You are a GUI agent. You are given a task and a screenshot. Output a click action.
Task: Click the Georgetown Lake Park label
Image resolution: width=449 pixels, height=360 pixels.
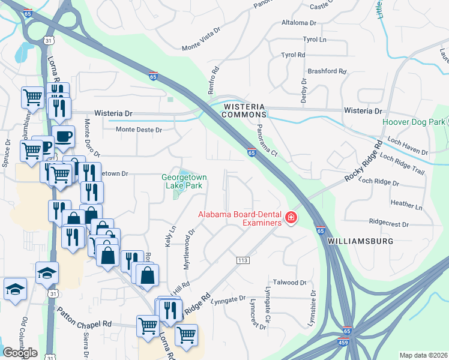pyautogui.click(x=181, y=181)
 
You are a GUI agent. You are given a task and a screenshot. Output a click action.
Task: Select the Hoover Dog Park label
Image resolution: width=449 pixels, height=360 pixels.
pyautogui.click(x=414, y=122)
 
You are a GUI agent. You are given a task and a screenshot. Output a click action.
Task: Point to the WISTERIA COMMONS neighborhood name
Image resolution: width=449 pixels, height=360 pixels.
pyautogui.click(x=244, y=110)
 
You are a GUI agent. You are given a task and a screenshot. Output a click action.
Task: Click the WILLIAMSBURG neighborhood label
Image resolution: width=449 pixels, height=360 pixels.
pyautogui.click(x=360, y=241)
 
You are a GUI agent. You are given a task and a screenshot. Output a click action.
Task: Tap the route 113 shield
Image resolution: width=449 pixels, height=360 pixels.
pyautogui.click(x=243, y=260)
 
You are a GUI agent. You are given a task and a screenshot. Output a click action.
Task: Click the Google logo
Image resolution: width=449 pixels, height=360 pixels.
pyautogui.click(x=20, y=353)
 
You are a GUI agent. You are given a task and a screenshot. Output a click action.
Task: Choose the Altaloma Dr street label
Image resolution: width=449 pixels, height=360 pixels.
pyautogui.click(x=298, y=23)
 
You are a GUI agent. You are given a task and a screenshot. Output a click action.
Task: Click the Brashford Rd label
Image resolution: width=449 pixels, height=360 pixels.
pyautogui.click(x=327, y=71)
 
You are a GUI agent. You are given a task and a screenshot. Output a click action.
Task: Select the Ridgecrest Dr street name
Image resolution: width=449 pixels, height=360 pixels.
pyautogui.click(x=389, y=224)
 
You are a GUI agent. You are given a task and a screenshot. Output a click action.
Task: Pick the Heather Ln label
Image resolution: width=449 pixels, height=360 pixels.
pyautogui.click(x=406, y=205)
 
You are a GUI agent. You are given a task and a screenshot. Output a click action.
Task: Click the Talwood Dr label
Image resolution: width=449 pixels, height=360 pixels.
pyautogui.click(x=290, y=282)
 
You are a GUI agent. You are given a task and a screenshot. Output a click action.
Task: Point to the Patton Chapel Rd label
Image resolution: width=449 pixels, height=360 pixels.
pyautogui.click(x=83, y=317)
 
